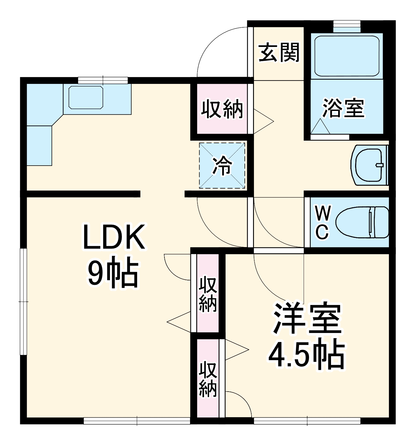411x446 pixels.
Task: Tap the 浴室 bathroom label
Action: [343, 108]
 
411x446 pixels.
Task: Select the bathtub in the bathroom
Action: [347, 56]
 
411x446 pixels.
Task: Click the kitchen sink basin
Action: [86, 98]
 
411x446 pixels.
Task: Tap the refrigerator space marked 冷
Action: [222, 165]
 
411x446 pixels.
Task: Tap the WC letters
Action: [323, 222]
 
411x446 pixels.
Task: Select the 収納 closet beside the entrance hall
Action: [222, 109]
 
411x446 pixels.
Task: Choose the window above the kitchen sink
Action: [103, 80]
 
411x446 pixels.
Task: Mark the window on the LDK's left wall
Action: [23, 302]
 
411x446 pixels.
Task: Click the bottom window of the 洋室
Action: [307, 421]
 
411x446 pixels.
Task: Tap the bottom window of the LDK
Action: [137, 421]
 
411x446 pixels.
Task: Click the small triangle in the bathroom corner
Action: [320, 126]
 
